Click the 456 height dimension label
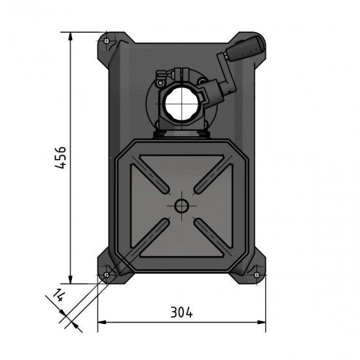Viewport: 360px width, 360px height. [x=60, y=157]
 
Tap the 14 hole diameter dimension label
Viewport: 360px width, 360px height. [x=59, y=297]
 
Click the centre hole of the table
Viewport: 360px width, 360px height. [x=180, y=206]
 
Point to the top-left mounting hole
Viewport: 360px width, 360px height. [x=106, y=38]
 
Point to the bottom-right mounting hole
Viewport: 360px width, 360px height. [x=256, y=274]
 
